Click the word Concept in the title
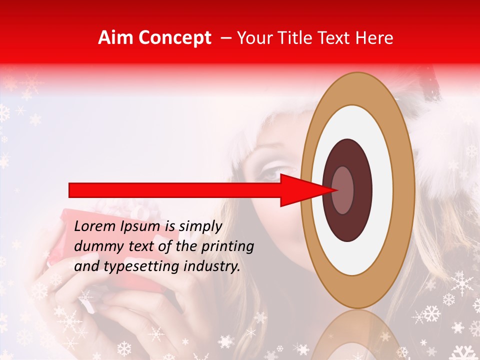[174, 38]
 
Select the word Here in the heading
[375, 38]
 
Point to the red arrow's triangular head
[305, 190]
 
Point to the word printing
[227, 247]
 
